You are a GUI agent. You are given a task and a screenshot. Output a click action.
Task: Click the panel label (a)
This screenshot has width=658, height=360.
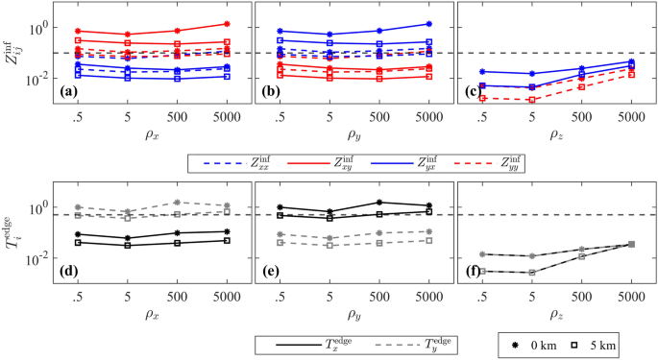[68, 92]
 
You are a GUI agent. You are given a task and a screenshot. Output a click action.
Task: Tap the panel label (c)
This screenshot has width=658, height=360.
[472, 92]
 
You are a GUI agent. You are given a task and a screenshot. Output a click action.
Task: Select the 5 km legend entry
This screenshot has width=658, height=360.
[605, 343]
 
